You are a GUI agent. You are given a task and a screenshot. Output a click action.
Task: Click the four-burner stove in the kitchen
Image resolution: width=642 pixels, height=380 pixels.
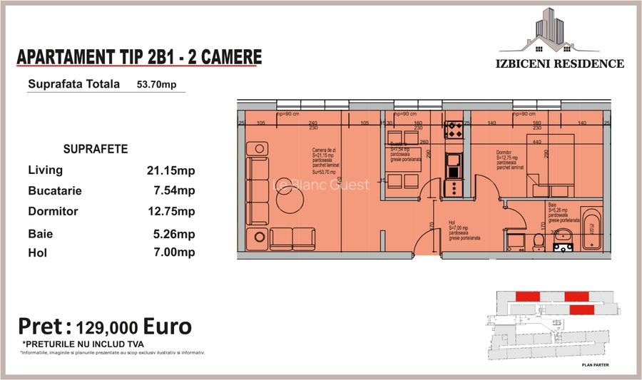(454, 129)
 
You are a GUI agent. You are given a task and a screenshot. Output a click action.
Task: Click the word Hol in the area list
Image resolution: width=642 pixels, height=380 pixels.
(37, 252)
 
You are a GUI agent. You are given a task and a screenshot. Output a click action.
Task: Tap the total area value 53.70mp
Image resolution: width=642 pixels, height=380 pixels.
(156, 84)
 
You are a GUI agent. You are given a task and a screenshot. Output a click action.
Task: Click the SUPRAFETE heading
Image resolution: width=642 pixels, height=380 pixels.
(96, 150)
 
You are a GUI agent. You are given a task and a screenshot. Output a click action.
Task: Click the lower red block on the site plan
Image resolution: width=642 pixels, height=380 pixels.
(580, 309)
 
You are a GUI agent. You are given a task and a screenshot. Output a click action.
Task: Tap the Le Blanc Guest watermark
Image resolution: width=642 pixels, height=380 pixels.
(322, 185)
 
